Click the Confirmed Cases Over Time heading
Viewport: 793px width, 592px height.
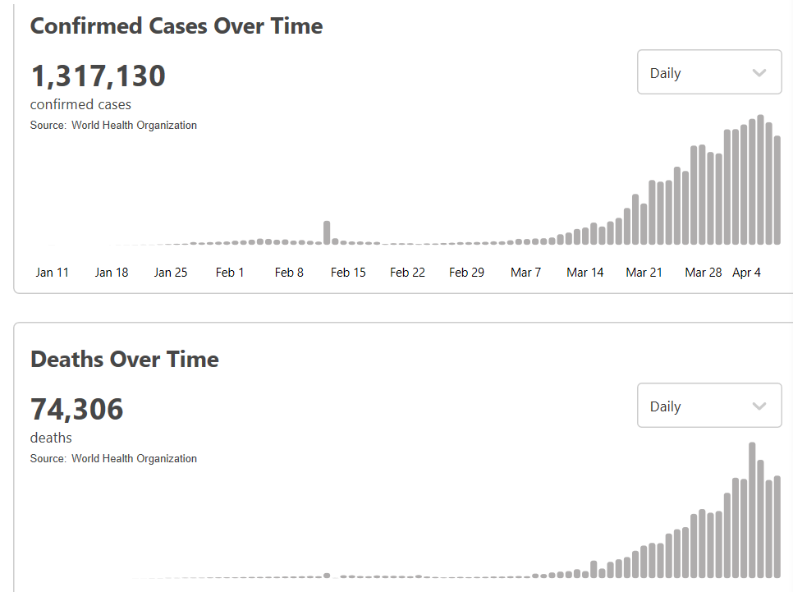coord(176,25)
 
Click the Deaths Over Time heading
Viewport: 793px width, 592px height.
coord(125,359)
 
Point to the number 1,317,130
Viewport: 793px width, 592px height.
coord(98,76)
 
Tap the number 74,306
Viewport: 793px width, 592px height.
coord(77,409)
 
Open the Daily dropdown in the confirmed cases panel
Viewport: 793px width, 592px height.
coord(709,72)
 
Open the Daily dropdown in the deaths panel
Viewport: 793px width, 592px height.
coord(709,406)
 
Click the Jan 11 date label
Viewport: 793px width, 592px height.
coord(53,273)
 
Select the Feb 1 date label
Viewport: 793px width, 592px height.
coord(230,273)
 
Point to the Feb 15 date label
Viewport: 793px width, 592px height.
coord(348,273)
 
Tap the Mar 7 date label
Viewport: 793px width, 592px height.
coord(525,273)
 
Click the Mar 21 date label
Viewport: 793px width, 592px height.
coord(644,273)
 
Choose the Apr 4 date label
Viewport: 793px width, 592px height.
coord(746,273)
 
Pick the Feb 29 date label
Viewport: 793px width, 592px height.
coord(466,273)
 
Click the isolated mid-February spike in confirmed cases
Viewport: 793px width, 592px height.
coord(327,232)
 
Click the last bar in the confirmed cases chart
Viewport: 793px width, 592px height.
coord(777,190)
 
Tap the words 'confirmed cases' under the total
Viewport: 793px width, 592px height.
coord(80,104)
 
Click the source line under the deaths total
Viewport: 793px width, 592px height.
coord(113,459)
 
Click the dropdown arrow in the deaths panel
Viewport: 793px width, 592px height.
coord(759,406)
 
